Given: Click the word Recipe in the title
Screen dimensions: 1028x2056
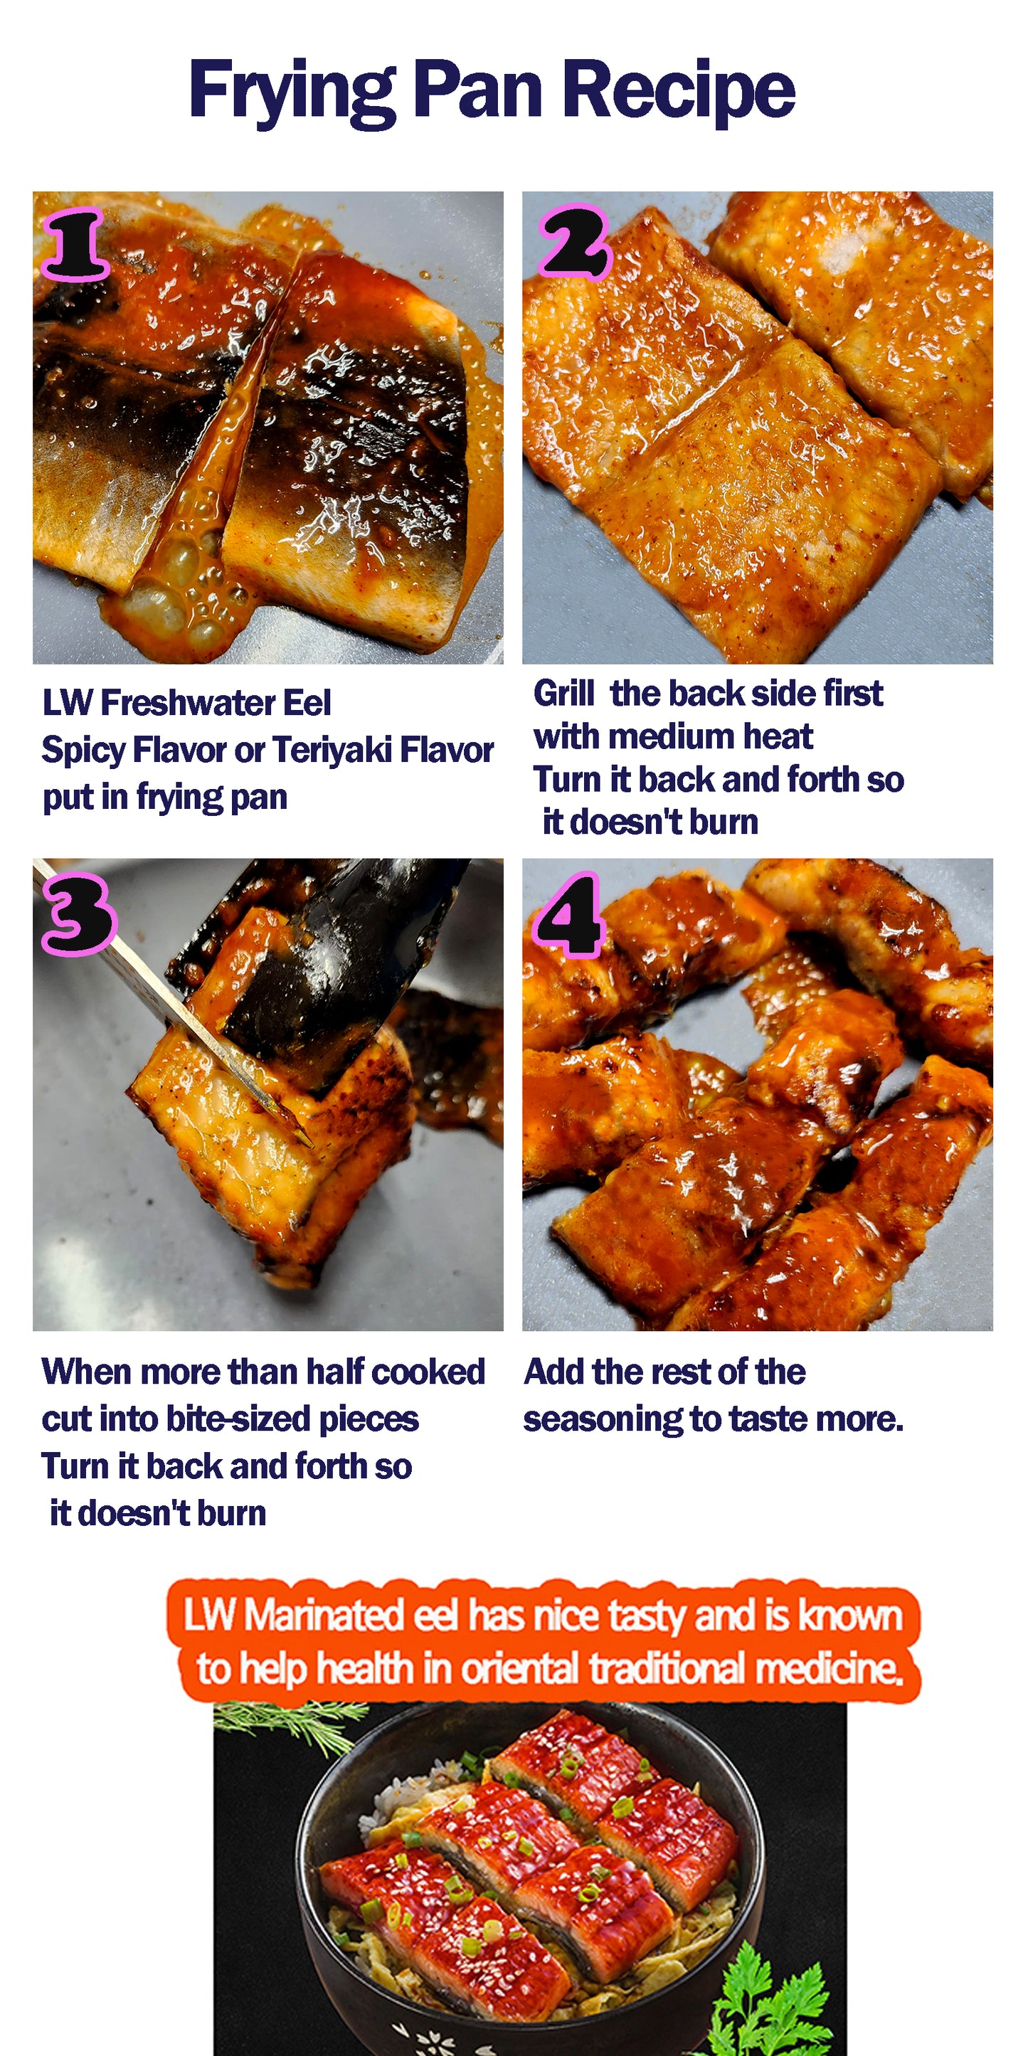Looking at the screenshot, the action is pyautogui.click(x=679, y=90).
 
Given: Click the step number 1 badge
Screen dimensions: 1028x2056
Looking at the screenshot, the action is pyautogui.click(x=75, y=244).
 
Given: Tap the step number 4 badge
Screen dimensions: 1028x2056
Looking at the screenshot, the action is pyautogui.click(x=568, y=915).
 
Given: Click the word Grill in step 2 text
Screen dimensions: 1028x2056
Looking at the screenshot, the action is pyautogui.click(x=563, y=694).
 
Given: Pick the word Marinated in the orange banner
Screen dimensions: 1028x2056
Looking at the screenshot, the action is pyautogui.click(x=323, y=1616).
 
